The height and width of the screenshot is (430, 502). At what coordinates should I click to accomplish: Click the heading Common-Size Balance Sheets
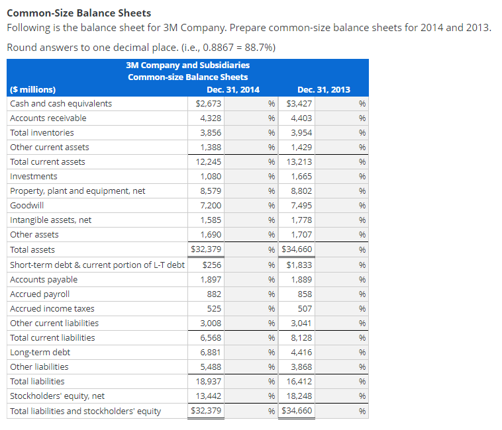pyautogui.click(x=79, y=13)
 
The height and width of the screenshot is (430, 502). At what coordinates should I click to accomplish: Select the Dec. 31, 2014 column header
pyautogui.click(x=233, y=89)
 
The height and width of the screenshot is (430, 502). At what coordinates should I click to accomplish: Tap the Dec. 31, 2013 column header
pyautogui.click(x=324, y=89)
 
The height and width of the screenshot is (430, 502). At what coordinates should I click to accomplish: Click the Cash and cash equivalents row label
pyautogui.click(x=61, y=103)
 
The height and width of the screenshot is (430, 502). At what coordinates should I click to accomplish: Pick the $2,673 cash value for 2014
pyautogui.click(x=209, y=103)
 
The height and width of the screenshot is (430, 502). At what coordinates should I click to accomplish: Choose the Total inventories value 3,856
pyautogui.click(x=211, y=132)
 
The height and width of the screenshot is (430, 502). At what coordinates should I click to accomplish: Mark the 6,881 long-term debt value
pyautogui.click(x=211, y=352)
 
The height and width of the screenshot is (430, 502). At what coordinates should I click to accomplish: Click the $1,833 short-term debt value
pyautogui.click(x=299, y=265)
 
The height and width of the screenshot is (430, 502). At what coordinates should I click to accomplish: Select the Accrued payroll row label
pyautogui.click(x=40, y=294)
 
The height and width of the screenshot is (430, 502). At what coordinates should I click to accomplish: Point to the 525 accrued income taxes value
pyautogui.click(x=215, y=308)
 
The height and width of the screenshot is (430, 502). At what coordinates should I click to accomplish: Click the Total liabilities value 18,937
pyautogui.click(x=209, y=381)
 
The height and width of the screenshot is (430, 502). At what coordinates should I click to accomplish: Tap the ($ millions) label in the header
pyautogui.click(x=33, y=89)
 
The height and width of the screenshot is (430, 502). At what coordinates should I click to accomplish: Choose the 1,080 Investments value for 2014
pyautogui.click(x=211, y=176)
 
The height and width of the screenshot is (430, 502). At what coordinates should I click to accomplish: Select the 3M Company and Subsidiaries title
pyautogui.click(x=187, y=65)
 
